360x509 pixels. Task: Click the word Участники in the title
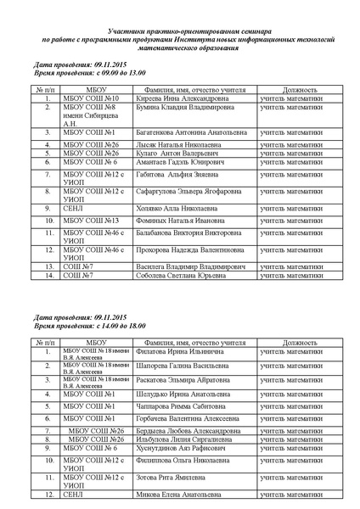click(132, 29)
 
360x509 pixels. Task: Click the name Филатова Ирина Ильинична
click(177, 350)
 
